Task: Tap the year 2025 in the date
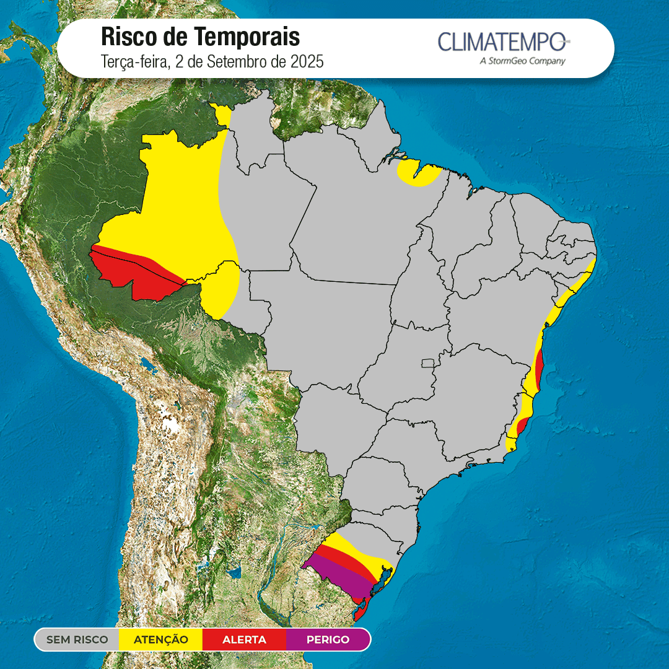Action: tap(308, 62)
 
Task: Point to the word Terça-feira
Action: tap(132, 62)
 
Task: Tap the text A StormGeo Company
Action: tap(522, 61)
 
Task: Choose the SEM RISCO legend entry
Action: tap(77, 639)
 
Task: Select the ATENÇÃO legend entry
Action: tap(160, 639)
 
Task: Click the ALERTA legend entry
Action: tap(244, 639)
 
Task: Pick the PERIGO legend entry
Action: tap(328, 639)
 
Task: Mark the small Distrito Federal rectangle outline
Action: tap(427, 362)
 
